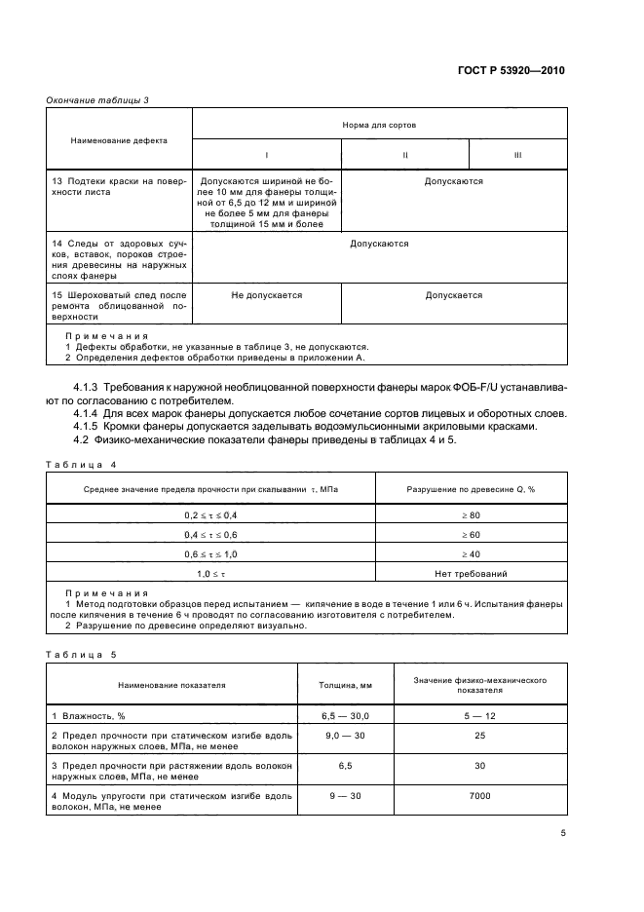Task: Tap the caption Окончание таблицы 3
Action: click(x=97, y=99)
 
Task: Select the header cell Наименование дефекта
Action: click(x=119, y=140)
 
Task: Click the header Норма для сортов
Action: click(x=379, y=125)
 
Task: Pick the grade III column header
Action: click(x=518, y=156)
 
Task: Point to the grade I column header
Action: click(x=267, y=156)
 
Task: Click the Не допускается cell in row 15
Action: click(x=267, y=294)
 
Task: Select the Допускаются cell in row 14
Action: click(x=379, y=244)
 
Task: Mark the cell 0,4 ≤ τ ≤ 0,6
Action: click(x=210, y=534)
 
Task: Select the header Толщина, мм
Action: click(x=346, y=684)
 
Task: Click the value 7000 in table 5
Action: click(x=479, y=797)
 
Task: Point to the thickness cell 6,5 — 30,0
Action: click(x=346, y=715)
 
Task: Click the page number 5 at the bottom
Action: click(x=562, y=833)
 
